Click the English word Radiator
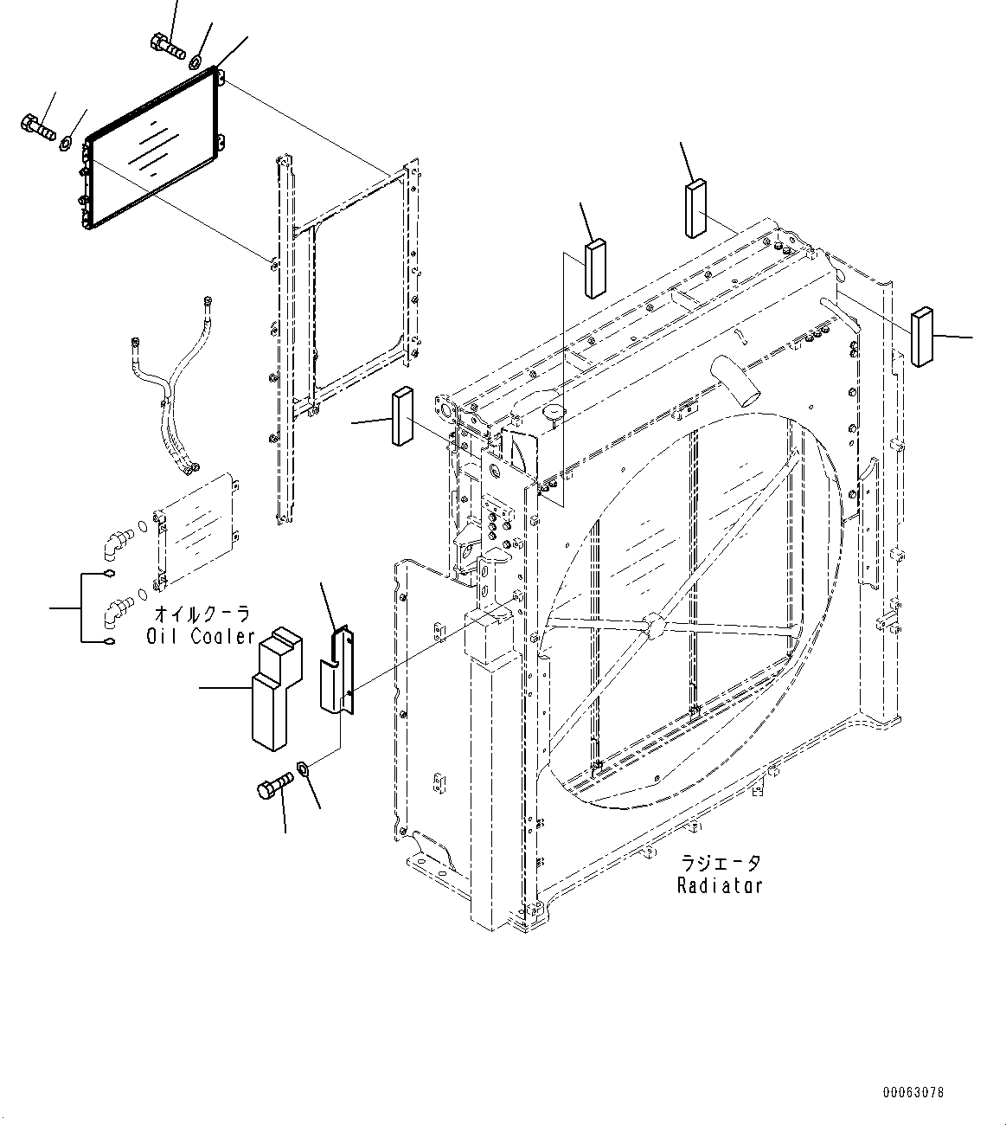pos(720,885)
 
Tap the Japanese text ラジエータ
pos(721,864)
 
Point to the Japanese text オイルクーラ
pos(203,614)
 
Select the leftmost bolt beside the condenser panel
pos(36,128)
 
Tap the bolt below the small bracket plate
pos(274,789)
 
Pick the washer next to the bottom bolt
pos(304,767)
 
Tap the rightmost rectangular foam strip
pos(922,336)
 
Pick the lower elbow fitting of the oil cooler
pos(113,611)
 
